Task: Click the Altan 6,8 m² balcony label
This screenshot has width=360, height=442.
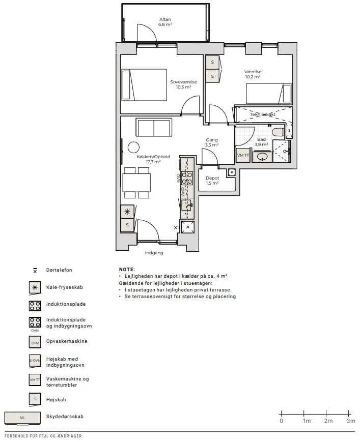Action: click(165, 22)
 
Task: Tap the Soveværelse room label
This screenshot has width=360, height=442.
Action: click(184, 82)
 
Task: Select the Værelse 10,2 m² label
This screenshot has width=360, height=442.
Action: click(253, 74)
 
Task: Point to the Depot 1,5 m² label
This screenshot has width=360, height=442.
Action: click(212, 181)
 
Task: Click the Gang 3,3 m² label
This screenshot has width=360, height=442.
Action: click(212, 142)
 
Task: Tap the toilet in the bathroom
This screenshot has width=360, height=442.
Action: click(278, 133)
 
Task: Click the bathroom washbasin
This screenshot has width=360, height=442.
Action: click(263, 156)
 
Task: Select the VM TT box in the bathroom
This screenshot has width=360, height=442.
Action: click(243, 155)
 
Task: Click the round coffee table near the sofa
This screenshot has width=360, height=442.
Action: click(133, 147)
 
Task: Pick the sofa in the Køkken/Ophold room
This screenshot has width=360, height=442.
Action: click(154, 127)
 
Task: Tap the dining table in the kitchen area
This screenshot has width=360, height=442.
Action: click(136, 183)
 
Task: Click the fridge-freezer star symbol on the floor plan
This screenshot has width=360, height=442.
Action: click(127, 212)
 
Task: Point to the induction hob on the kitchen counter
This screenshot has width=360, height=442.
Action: click(187, 178)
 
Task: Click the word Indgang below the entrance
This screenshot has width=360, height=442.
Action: click(154, 253)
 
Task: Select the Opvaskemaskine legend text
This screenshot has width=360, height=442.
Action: click(67, 341)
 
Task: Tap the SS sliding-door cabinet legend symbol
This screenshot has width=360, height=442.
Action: click(22, 418)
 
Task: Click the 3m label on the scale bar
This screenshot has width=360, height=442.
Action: click(351, 421)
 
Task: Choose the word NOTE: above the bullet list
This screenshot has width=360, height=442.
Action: click(127, 270)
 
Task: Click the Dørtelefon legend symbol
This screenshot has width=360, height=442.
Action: click(35, 271)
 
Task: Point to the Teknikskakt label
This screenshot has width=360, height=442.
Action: click(263, 114)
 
